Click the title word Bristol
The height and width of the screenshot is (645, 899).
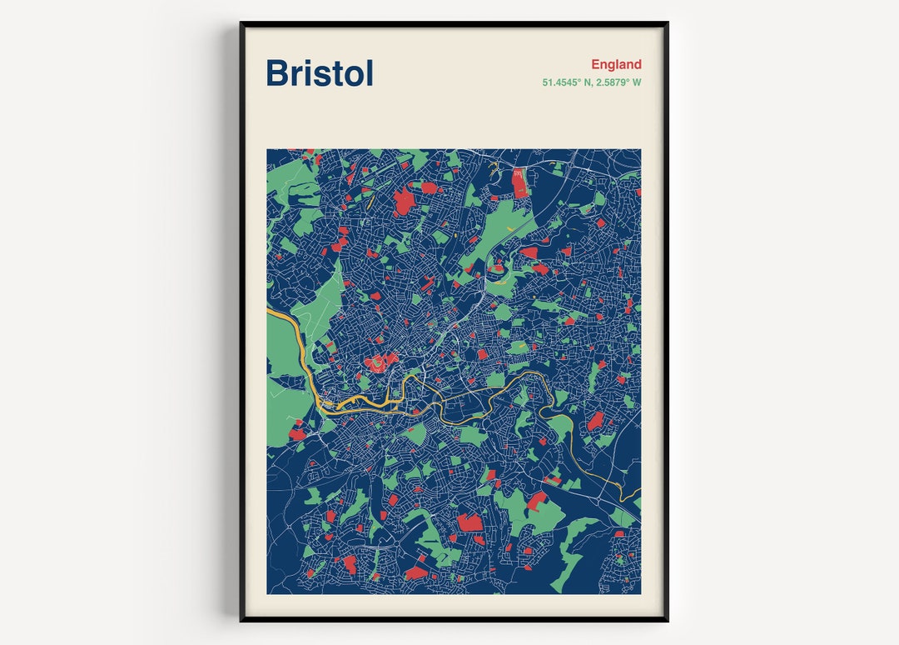click(320, 73)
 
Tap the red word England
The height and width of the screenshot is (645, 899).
click(616, 64)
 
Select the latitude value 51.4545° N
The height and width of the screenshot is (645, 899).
click(569, 82)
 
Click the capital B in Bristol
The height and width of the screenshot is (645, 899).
click(278, 73)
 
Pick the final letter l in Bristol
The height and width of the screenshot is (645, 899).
click(369, 72)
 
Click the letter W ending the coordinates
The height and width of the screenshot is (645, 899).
click(637, 82)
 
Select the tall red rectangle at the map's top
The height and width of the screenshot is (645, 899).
click(520, 182)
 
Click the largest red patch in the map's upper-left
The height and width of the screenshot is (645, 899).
click(403, 201)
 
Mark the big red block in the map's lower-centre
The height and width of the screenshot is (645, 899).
click(469, 522)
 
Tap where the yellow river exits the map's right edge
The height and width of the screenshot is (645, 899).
click(638, 497)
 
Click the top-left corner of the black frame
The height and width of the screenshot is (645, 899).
click(241, 23)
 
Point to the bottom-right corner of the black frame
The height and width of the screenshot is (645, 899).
click(667, 620)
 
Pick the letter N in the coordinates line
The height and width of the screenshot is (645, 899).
click(582, 82)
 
